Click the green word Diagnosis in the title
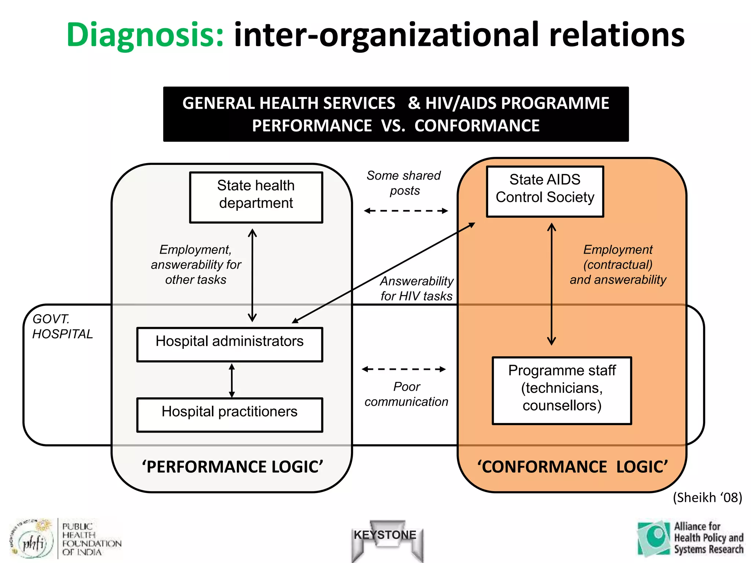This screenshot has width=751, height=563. pyautogui.click(x=145, y=36)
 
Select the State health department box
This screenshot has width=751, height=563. pyautogui.click(x=256, y=197)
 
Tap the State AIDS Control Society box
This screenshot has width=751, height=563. pyautogui.click(x=545, y=191)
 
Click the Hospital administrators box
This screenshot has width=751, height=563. pyautogui.click(x=230, y=345)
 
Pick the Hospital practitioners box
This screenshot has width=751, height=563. pyautogui.click(x=230, y=415)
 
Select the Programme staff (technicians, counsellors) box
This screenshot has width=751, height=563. pyautogui.click(x=562, y=391)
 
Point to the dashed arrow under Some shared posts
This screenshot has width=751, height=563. pyautogui.click(x=406, y=211)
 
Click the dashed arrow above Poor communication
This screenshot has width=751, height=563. pyautogui.click(x=404, y=369)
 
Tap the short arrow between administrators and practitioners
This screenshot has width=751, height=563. pyautogui.click(x=232, y=380)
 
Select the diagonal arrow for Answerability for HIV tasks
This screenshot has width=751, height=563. pyautogui.click(x=383, y=273)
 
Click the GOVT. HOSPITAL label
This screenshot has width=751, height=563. pyautogui.click(x=62, y=327)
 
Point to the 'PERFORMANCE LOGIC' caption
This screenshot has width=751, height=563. pyautogui.click(x=232, y=467)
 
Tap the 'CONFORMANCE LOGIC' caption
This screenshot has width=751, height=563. pyautogui.click(x=572, y=467)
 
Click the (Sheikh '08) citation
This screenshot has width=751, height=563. pyautogui.click(x=707, y=497)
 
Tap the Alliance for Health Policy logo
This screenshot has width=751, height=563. pyautogui.click(x=690, y=538)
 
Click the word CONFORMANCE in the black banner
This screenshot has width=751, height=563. pyautogui.click(x=477, y=126)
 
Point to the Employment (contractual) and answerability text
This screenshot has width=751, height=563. pyautogui.click(x=618, y=265)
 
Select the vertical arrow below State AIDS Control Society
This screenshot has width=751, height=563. pyautogui.click(x=552, y=284)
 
